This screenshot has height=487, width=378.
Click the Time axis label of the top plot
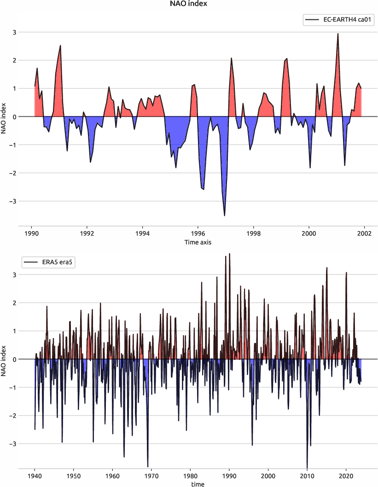click(198, 242)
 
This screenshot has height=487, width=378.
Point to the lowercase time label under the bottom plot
click(198, 484)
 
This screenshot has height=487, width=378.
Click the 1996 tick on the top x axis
click(198, 233)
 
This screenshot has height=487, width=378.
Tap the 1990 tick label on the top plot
click(31, 233)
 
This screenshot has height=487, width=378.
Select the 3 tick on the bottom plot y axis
click(14, 275)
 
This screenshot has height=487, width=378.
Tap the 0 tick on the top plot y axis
click(14, 117)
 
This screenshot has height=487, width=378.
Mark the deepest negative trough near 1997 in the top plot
click(224, 215)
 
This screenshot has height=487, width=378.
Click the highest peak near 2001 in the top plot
click(337, 34)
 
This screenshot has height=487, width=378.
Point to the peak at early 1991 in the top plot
click(60, 46)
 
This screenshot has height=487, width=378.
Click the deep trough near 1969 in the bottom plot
click(148, 466)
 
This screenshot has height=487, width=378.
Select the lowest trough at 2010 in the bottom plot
click(307, 467)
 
